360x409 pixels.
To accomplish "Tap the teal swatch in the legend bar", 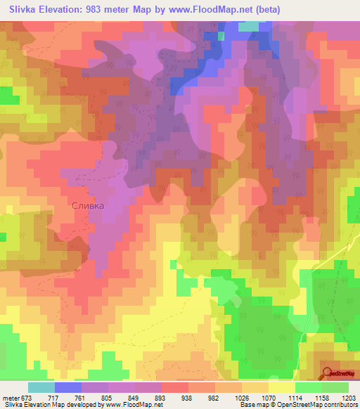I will pos(41,387).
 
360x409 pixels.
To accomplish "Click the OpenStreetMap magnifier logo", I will pos(328,372).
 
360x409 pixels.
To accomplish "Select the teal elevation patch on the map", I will pos(248,27).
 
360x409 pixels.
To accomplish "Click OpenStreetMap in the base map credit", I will pos(316,404).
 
